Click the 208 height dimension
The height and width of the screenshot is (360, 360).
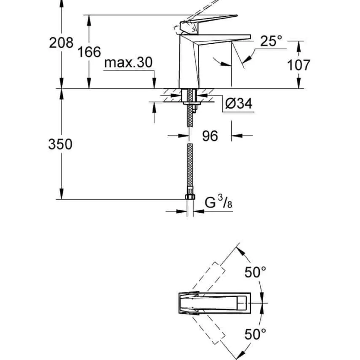point(61,43)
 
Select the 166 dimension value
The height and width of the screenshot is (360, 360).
point(89,52)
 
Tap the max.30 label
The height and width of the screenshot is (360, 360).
point(128,62)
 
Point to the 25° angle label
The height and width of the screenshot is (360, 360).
point(271,41)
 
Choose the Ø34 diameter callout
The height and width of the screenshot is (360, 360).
point(239,103)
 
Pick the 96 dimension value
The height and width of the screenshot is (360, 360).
point(210,136)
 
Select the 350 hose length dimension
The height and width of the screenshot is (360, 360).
point(60,144)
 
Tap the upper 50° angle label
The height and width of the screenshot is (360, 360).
point(255,272)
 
